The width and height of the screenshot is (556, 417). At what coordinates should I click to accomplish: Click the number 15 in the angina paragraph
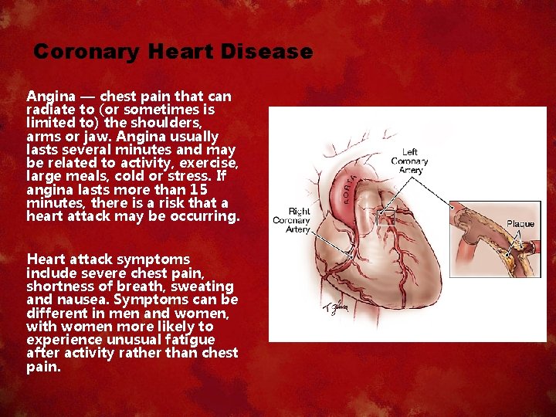198,189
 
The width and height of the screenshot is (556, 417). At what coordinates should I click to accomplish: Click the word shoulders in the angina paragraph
168,123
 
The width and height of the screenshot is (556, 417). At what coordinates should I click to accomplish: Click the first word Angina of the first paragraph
51,97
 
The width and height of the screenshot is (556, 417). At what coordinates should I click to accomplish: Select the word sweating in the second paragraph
210,286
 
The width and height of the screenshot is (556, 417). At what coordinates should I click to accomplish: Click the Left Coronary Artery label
409,161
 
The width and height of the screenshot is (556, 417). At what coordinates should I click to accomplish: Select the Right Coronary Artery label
292,219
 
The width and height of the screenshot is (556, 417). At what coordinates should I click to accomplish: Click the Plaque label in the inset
520,224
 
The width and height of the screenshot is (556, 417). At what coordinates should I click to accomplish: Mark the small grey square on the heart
386,218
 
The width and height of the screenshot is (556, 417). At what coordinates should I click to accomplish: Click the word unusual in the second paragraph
122,339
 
